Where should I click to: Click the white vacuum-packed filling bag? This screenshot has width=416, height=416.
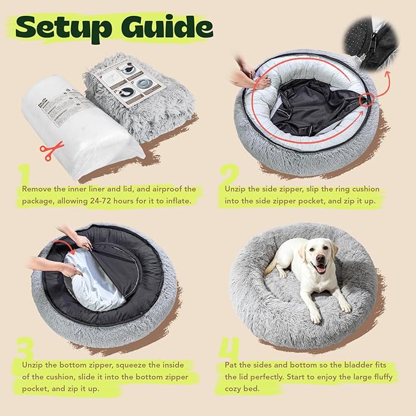click(74, 123)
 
